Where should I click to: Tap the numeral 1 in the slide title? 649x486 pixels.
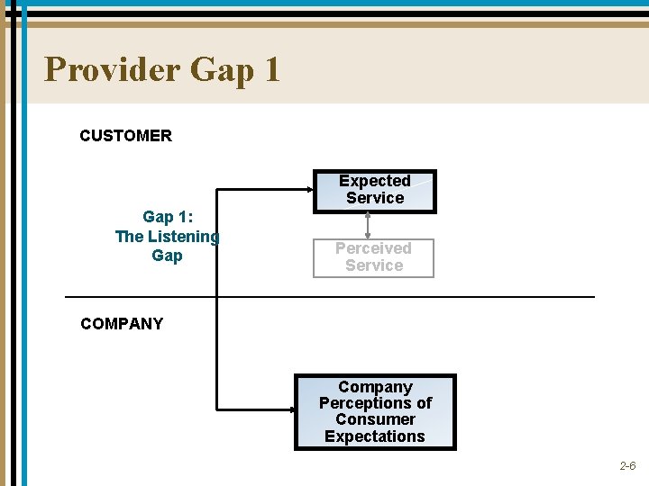point(272,69)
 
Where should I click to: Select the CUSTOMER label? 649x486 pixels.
point(125,136)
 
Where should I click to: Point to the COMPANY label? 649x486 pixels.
point(122,324)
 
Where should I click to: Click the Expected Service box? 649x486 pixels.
point(374,191)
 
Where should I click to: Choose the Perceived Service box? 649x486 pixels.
point(373,257)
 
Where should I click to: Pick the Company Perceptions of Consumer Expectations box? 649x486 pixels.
point(375,412)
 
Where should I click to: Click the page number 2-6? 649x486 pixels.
point(627,466)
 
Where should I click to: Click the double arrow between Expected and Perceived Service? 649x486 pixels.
point(368,226)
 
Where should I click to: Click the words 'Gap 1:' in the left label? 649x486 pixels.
point(167,217)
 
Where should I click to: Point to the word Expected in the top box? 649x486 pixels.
point(374,181)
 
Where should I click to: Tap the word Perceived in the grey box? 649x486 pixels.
point(373,248)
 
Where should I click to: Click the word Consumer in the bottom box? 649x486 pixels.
point(375,419)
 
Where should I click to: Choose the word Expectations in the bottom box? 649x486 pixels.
point(375,436)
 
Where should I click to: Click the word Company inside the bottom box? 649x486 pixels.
point(375,387)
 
